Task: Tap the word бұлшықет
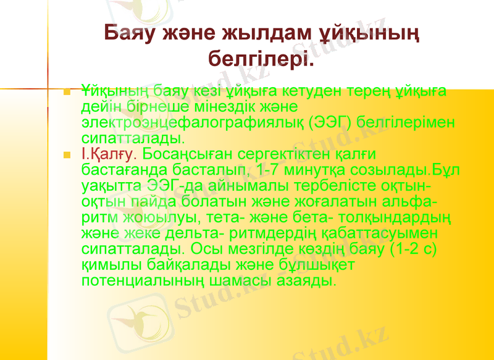[322, 266]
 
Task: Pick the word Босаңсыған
[191, 153]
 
